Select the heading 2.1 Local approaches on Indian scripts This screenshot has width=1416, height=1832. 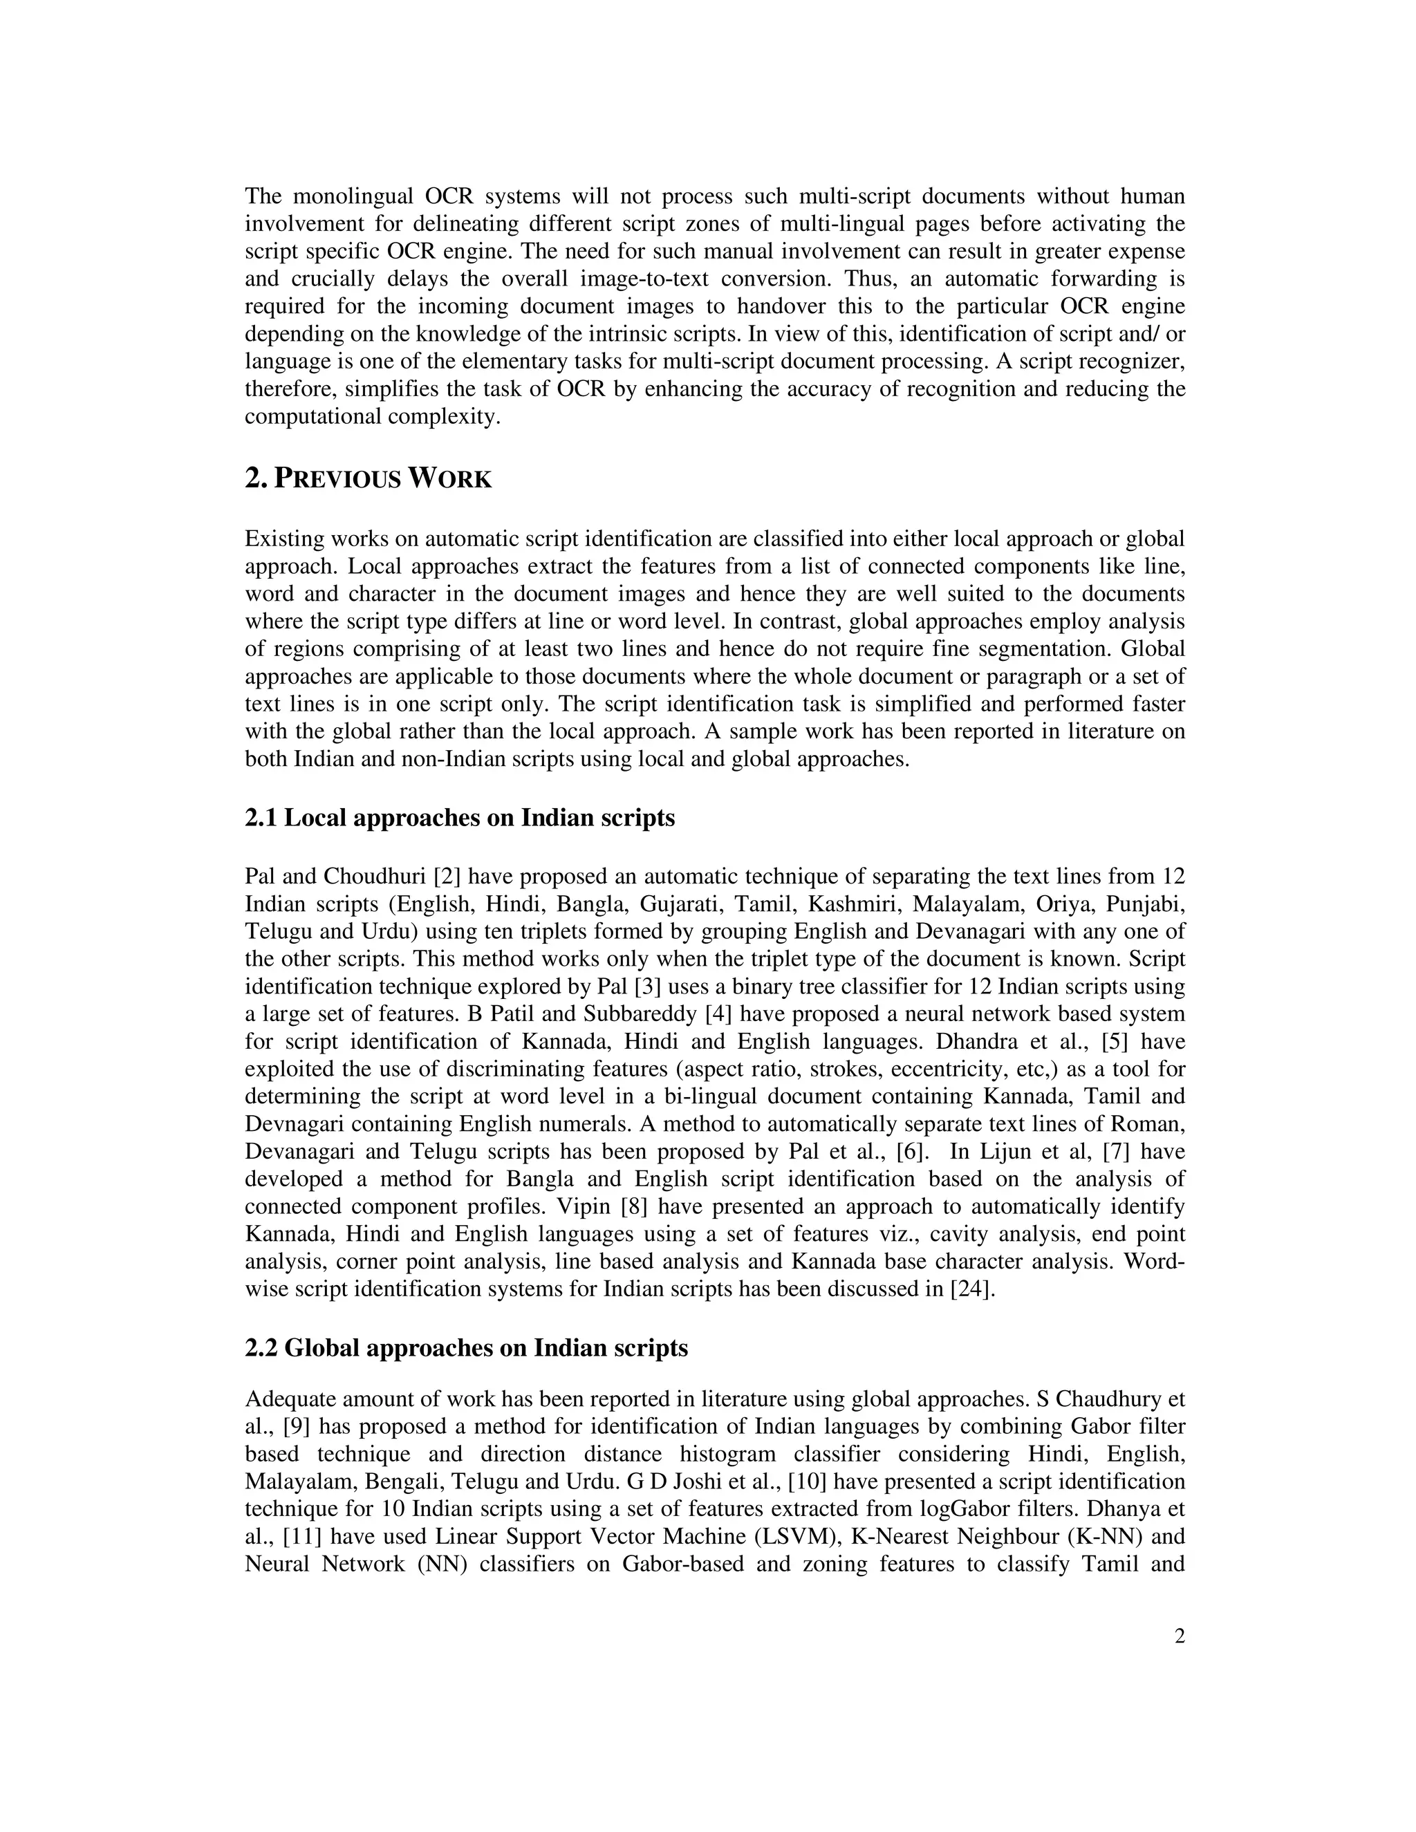tap(460, 818)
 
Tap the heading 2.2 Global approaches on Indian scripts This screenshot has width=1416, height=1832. tap(467, 1348)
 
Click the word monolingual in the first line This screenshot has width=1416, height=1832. tap(353, 196)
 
